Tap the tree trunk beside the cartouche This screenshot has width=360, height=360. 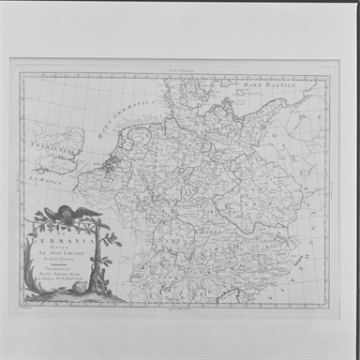(101, 267)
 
